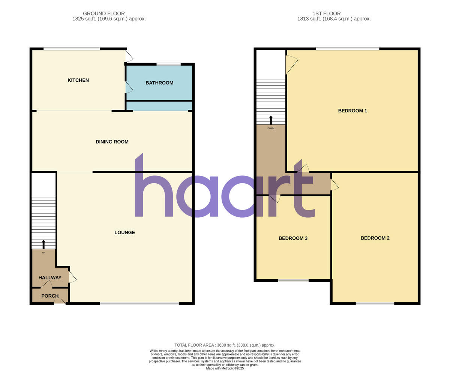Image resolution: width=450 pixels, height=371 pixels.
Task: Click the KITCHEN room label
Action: pyautogui.click(x=78, y=80)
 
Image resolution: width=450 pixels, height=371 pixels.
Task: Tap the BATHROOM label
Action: pyautogui.click(x=159, y=83)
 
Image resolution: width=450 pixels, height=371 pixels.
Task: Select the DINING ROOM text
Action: pyautogui.click(x=112, y=142)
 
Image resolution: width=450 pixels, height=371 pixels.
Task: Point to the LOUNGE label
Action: pyautogui.click(x=124, y=232)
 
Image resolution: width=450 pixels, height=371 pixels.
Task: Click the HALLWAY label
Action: pyautogui.click(x=50, y=278)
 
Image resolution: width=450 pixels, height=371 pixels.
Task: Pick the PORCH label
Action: pyautogui.click(x=50, y=296)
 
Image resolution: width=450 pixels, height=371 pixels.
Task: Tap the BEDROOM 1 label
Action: pyautogui.click(x=352, y=111)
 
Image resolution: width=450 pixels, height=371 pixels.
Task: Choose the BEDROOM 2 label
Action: pyautogui.click(x=375, y=238)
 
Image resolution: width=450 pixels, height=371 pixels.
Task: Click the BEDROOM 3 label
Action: pyautogui.click(x=293, y=238)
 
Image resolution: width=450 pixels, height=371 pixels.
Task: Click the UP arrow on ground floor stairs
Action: pyautogui.click(x=43, y=244)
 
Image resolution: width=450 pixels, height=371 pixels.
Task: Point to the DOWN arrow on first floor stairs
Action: pyautogui.click(x=271, y=120)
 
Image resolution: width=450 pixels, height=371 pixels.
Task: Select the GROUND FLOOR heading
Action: pyautogui.click(x=104, y=13)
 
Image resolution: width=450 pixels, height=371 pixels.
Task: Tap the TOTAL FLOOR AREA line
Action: pyautogui.click(x=225, y=345)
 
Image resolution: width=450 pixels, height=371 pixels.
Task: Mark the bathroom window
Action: pyautogui.click(x=169, y=64)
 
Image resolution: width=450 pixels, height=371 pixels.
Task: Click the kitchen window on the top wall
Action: pyautogui.click(x=72, y=49)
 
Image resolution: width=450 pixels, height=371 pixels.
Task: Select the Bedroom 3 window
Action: pyautogui.click(x=293, y=280)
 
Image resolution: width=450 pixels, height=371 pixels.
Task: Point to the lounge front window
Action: pyautogui.click(x=139, y=303)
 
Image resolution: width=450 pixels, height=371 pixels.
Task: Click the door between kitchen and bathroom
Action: pyautogui.click(x=129, y=87)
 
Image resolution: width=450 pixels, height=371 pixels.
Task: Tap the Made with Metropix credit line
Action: pyautogui.click(x=225, y=368)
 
